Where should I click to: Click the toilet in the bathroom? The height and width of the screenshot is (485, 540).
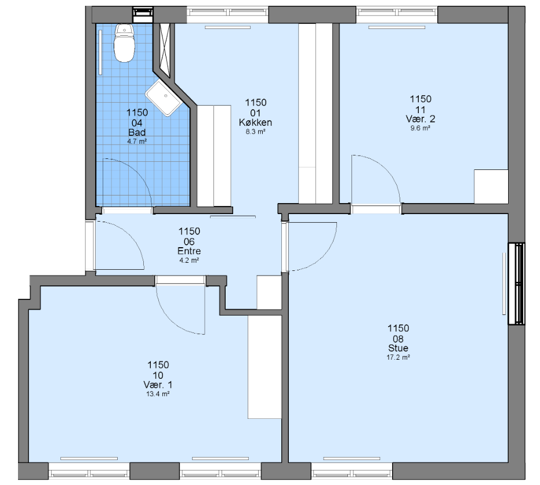pyautogui.click(x=124, y=43)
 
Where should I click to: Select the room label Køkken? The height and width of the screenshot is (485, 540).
pyautogui.click(x=255, y=122)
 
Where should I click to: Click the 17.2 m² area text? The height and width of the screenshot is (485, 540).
pyautogui.click(x=398, y=357)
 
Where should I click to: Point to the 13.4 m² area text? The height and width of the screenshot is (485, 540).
pyautogui.click(x=158, y=394)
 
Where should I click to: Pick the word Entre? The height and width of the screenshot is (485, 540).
pyautogui.click(x=189, y=251)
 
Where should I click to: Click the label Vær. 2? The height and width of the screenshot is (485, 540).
pyautogui.click(x=420, y=119)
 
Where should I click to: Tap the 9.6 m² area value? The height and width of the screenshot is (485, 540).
pyautogui.click(x=420, y=128)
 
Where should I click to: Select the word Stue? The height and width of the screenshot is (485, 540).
pyautogui.click(x=398, y=348)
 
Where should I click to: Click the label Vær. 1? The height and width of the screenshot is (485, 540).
pyautogui.click(x=158, y=385)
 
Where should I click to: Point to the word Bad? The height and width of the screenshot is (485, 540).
pyautogui.click(x=137, y=132)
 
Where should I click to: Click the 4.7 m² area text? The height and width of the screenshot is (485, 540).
pyautogui.click(x=137, y=141)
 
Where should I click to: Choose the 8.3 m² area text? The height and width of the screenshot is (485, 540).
pyautogui.click(x=255, y=132)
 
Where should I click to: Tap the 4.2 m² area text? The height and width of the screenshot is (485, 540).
pyautogui.click(x=189, y=260)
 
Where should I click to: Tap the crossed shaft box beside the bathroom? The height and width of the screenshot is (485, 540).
pyautogui.click(x=165, y=50)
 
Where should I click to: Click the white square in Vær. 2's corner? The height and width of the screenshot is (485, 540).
pyautogui.click(x=491, y=186)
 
